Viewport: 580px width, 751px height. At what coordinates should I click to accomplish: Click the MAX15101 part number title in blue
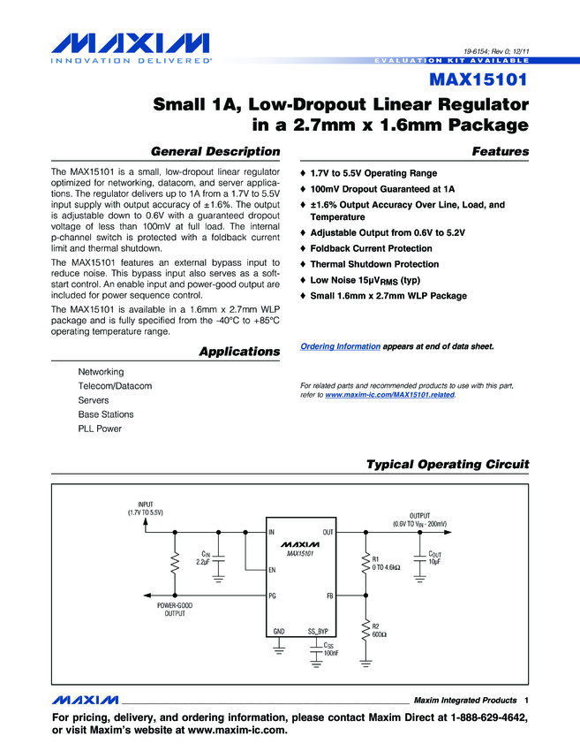click(478, 80)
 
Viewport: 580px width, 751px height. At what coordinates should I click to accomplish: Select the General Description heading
click(215, 151)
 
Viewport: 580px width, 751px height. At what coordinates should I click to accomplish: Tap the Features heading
click(500, 151)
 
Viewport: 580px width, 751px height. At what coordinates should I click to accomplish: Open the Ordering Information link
click(340, 346)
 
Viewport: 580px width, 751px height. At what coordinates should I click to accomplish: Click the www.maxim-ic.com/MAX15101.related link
click(389, 395)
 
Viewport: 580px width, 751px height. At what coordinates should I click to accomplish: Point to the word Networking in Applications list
click(101, 372)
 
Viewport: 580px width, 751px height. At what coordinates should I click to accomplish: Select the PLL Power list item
click(100, 429)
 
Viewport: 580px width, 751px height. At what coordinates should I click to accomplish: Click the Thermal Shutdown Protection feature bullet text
click(374, 264)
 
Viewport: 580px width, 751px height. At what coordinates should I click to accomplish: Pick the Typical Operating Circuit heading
click(448, 465)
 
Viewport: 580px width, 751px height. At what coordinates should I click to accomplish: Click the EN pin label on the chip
click(272, 570)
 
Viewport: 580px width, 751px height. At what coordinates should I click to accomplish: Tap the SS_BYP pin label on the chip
click(318, 631)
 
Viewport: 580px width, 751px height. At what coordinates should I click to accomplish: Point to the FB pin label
click(329, 595)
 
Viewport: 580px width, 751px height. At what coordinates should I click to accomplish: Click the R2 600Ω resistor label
click(380, 630)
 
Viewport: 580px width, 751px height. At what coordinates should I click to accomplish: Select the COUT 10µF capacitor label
click(434, 558)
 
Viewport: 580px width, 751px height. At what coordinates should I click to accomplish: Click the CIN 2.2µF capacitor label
click(203, 558)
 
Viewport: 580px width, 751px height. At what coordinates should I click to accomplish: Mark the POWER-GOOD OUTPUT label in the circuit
click(175, 610)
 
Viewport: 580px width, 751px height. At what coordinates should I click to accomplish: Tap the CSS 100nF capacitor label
click(331, 649)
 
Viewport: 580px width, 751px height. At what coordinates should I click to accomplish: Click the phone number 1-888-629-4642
click(488, 717)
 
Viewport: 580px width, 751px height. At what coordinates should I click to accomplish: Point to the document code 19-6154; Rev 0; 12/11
click(496, 51)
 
